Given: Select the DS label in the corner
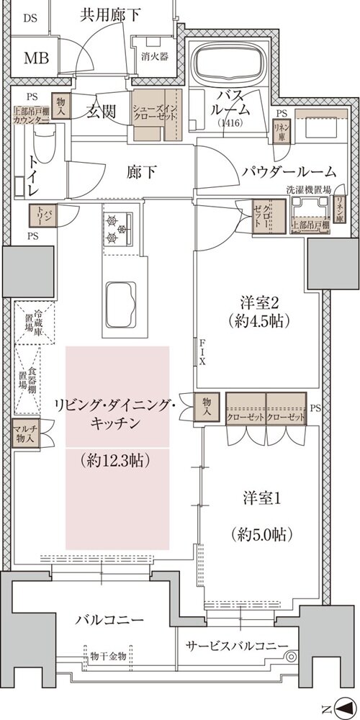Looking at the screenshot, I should point(30,18).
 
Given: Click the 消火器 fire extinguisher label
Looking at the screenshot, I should point(155,56).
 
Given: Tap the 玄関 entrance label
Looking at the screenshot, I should point(103,112).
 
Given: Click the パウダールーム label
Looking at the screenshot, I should point(289,171).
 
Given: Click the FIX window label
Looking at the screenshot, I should point(203,352).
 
